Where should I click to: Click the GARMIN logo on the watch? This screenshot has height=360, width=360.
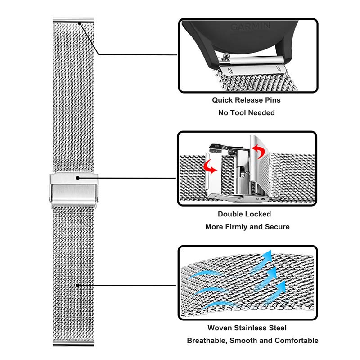251,27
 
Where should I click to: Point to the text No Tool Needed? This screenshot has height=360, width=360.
246,112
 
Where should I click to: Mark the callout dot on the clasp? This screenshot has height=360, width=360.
78,178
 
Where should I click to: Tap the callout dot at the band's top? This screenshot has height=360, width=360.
80,23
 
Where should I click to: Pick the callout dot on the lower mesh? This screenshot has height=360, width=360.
78,285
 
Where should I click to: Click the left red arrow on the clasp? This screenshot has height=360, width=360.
211,168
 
